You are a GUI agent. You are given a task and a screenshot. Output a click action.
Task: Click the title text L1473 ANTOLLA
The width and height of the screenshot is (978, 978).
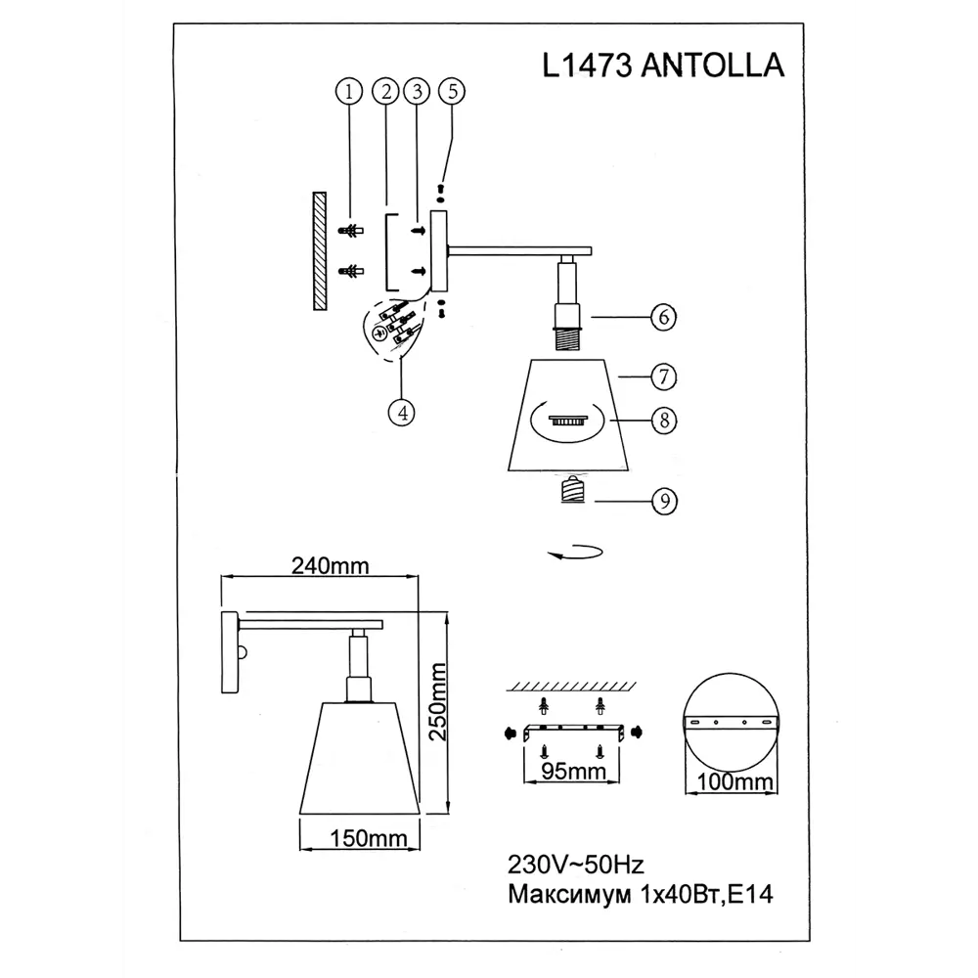pyautogui.click(x=663, y=64)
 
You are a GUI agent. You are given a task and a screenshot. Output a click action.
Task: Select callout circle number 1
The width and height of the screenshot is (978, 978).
pyautogui.click(x=347, y=92)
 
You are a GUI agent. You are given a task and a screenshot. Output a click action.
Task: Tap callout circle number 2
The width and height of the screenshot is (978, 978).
pyautogui.click(x=387, y=92)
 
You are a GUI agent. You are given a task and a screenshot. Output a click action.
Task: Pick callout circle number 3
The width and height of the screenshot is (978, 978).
pyautogui.click(x=418, y=92)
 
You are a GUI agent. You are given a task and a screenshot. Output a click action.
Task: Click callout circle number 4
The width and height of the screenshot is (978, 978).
pyautogui.click(x=398, y=412)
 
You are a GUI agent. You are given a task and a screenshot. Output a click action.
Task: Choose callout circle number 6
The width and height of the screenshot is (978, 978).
pyautogui.click(x=665, y=319)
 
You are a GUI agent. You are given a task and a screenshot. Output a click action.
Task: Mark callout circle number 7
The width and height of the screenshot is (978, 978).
pyautogui.click(x=665, y=376)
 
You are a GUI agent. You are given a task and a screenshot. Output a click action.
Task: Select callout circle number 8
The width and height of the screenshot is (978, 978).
pyautogui.click(x=665, y=420)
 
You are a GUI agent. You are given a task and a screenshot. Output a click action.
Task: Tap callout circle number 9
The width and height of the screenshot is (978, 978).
pyautogui.click(x=665, y=502)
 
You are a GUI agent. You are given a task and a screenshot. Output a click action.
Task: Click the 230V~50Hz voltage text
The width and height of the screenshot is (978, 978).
pyautogui.click(x=574, y=865)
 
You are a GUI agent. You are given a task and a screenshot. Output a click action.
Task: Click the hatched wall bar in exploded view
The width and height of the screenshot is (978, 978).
pyautogui.click(x=320, y=251)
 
